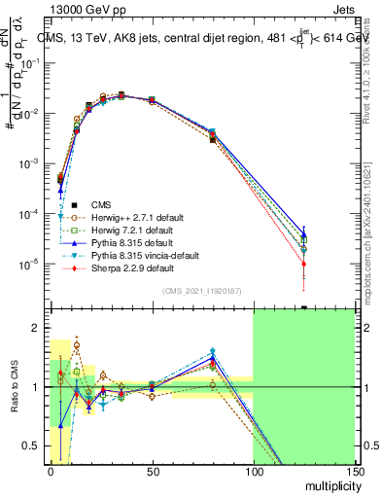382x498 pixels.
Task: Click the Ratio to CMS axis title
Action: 13,387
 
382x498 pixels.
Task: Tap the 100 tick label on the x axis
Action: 253,470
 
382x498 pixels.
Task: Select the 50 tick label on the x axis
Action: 152,470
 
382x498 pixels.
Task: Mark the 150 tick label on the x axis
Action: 353,470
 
